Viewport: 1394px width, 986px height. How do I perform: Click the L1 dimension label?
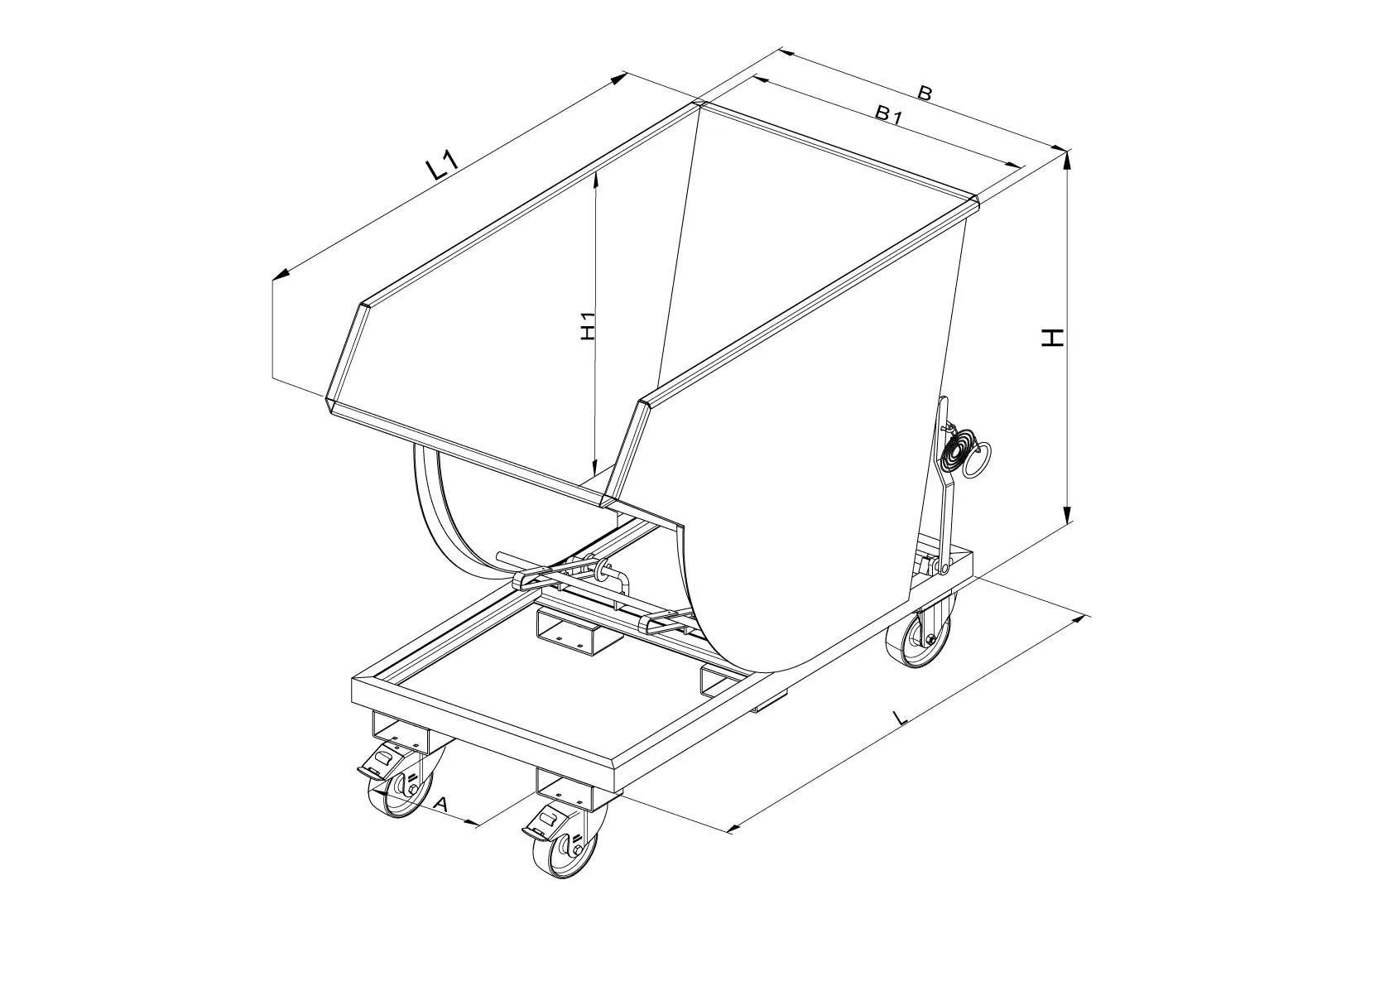click(x=442, y=167)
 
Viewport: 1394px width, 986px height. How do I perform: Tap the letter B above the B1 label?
click(x=925, y=94)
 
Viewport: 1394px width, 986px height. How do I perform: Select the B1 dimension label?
click(x=888, y=114)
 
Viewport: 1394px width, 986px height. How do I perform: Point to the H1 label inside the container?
click(x=588, y=325)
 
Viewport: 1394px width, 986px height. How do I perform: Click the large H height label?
click(x=1053, y=338)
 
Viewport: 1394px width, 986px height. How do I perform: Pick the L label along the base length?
click(x=901, y=718)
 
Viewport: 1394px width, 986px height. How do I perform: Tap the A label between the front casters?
click(x=440, y=804)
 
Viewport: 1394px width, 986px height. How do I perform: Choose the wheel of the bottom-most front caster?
click(x=565, y=846)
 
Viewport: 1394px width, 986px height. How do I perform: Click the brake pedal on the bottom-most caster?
click(x=546, y=824)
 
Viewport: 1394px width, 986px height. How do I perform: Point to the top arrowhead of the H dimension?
click(x=1068, y=161)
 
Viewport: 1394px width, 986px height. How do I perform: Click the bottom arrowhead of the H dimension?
click(x=1068, y=512)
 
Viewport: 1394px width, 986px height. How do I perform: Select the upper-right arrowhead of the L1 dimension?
click(x=620, y=78)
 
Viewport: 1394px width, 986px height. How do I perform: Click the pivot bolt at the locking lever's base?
click(x=945, y=568)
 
